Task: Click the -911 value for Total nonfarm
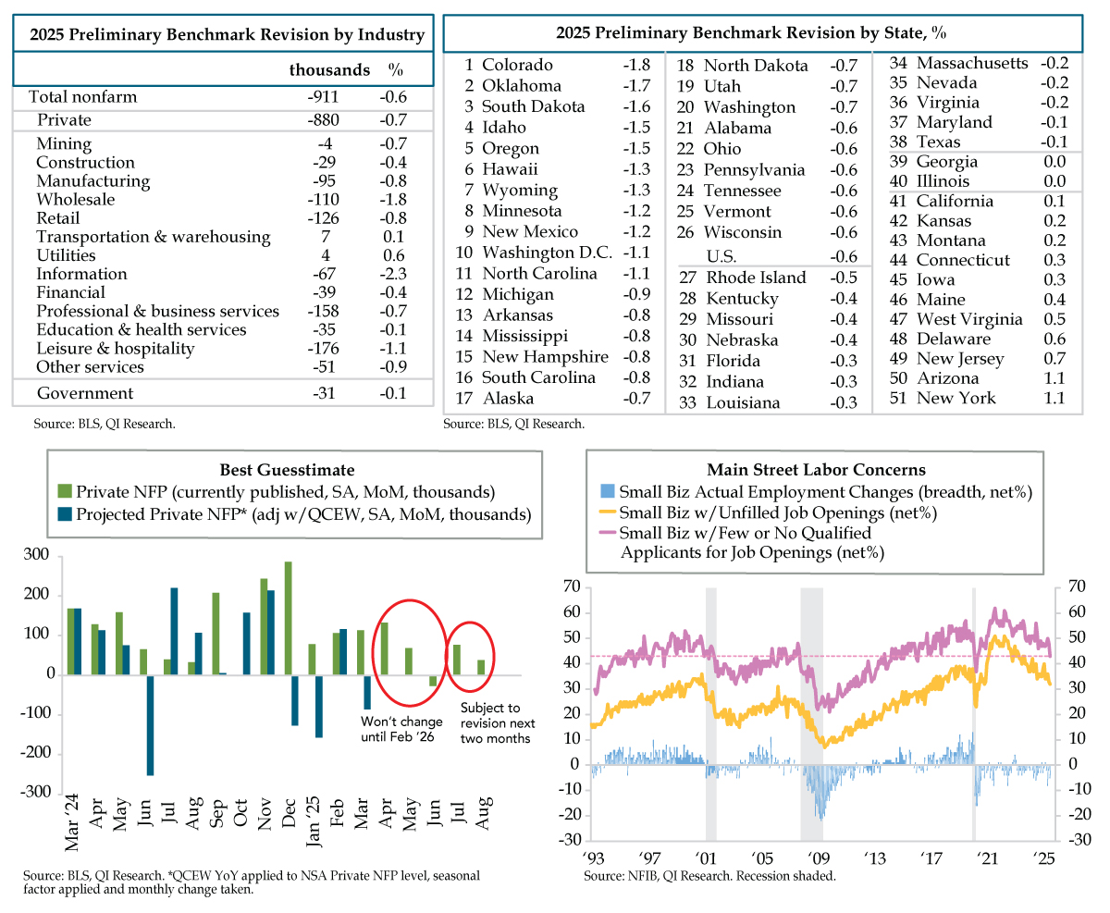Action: (323, 97)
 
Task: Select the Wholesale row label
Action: (75, 200)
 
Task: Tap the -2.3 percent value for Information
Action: (393, 274)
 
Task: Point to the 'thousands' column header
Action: (329, 70)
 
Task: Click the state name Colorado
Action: (517, 65)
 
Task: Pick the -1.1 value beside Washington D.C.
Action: (636, 253)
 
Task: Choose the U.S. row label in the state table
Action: (721, 256)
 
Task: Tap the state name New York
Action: (956, 398)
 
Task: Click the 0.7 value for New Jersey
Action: (1054, 358)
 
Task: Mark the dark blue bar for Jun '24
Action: (150, 724)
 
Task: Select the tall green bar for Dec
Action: (288, 618)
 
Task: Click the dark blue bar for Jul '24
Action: (174, 632)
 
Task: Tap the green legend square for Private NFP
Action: (64, 491)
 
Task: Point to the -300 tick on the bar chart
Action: (35, 792)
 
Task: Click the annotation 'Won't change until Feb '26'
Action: (401, 729)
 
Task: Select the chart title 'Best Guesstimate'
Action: (287, 469)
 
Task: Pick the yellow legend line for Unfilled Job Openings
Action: (608, 512)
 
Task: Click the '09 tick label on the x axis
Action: (818, 858)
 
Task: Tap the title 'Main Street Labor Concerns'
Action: (816, 469)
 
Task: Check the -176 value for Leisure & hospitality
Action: (323, 349)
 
